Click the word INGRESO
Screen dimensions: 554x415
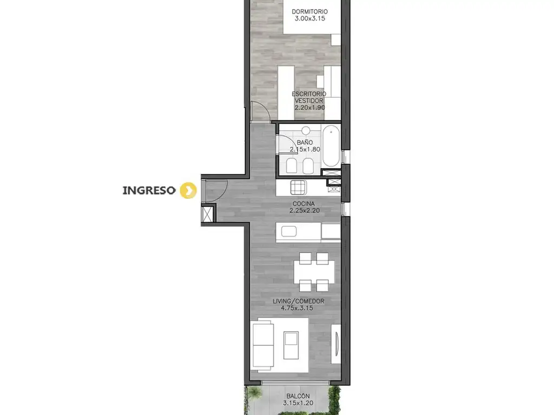(x=149, y=191)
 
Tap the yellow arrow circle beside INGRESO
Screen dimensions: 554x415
(x=188, y=191)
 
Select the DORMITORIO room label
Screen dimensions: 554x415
(x=309, y=12)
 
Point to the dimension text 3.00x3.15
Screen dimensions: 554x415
(x=309, y=19)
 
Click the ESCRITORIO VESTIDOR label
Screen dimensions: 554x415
(x=309, y=97)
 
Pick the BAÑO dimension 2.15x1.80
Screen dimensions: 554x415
(x=305, y=149)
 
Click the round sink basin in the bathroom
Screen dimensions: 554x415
(x=306, y=131)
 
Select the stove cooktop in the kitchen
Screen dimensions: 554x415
(x=299, y=188)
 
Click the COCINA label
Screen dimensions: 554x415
(x=304, y=204)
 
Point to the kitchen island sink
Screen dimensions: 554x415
(x=289, y=231)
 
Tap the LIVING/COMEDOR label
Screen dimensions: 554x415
(x=298, y=302)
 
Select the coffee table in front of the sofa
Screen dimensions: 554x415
(x=291, y=345)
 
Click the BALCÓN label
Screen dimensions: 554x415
(x=298, y=396)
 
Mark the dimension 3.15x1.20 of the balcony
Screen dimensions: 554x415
(x=298, y=403)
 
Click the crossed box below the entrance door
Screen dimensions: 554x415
(x=207, y=214)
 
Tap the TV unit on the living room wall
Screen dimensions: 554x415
(x=335, y=344)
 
